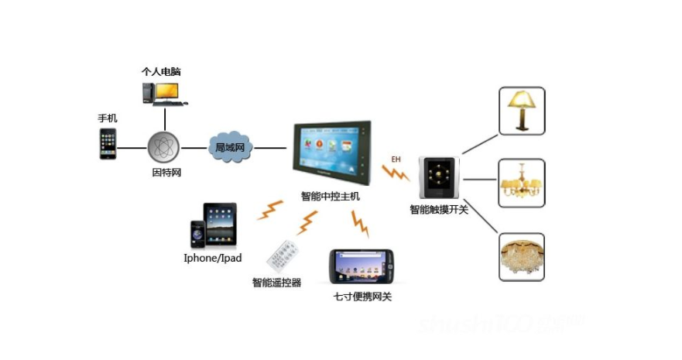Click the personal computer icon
(163, 92)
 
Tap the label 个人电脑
(161, 71)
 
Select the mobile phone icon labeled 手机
(108, 144)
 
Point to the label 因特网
(166, 172)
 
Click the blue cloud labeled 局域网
(230, 146)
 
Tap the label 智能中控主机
(330, 197)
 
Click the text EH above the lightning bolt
(396, 159)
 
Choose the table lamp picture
(521, 110)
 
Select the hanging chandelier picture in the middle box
(521, 183)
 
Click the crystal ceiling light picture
(521, 256)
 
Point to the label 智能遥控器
(276, 283)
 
